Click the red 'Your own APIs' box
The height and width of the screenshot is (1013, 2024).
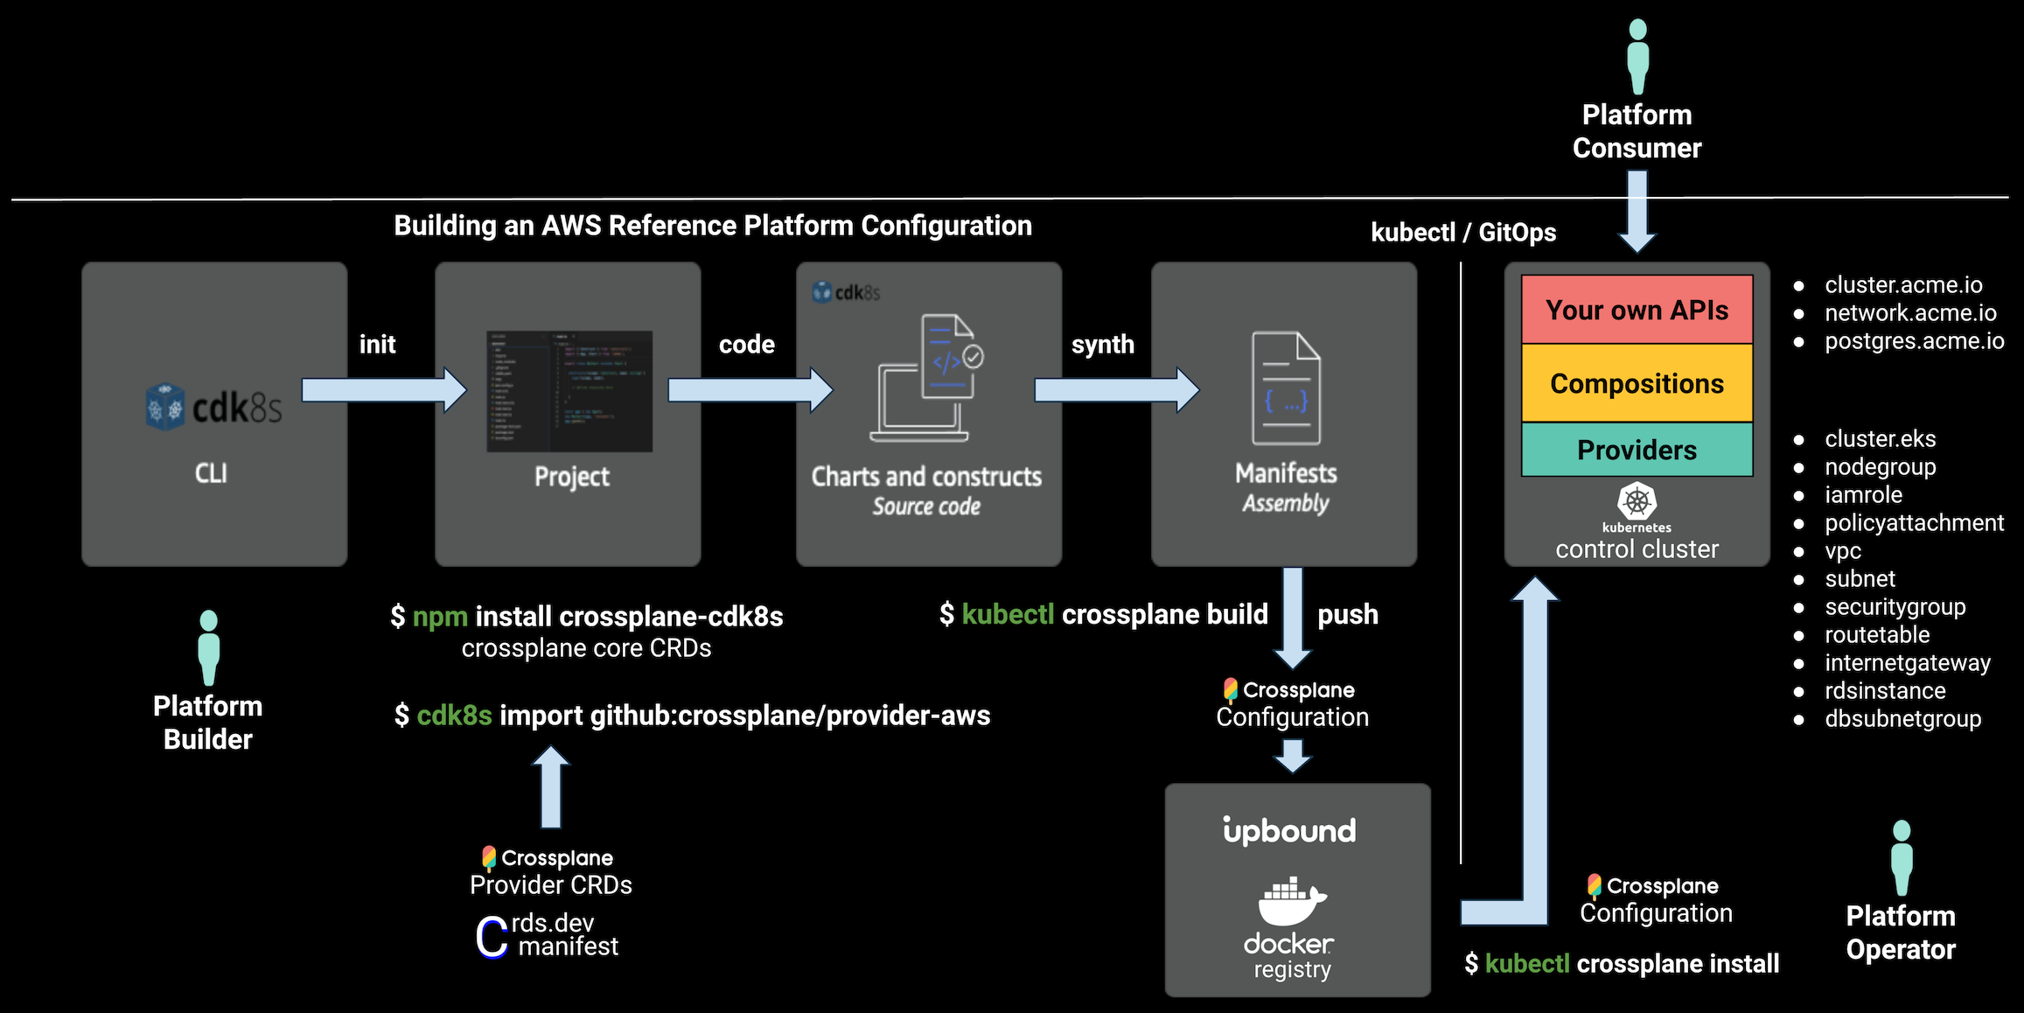click(1637, 310)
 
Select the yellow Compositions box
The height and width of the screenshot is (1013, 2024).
click(1637, 383)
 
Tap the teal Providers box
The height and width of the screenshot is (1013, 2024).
click(1637, 450)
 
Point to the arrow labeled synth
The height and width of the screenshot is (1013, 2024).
click(1115, 389)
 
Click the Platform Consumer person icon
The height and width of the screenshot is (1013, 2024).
click(1637, 56)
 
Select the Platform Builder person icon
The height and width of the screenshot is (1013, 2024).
click(208, 647)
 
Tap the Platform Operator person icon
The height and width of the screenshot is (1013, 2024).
click(1901, 857)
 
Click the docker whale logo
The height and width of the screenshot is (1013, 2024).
click(1291, 901)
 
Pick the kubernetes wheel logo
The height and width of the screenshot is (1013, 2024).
click(1637, 501)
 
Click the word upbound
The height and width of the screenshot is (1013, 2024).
click(1289, 830)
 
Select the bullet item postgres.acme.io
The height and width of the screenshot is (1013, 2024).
click(1914, 341)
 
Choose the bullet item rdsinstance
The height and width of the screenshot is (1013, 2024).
click(1885, 691)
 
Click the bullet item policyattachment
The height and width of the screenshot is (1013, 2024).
click(1914, 523)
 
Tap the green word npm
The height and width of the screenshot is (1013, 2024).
click(440, 617)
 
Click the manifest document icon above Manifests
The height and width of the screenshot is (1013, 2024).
click(1286, 388)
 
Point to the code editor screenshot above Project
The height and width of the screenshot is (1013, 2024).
click(569, 391)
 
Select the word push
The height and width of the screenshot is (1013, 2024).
click(1347, 614)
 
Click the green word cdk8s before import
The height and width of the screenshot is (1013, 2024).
click(454, 716)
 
